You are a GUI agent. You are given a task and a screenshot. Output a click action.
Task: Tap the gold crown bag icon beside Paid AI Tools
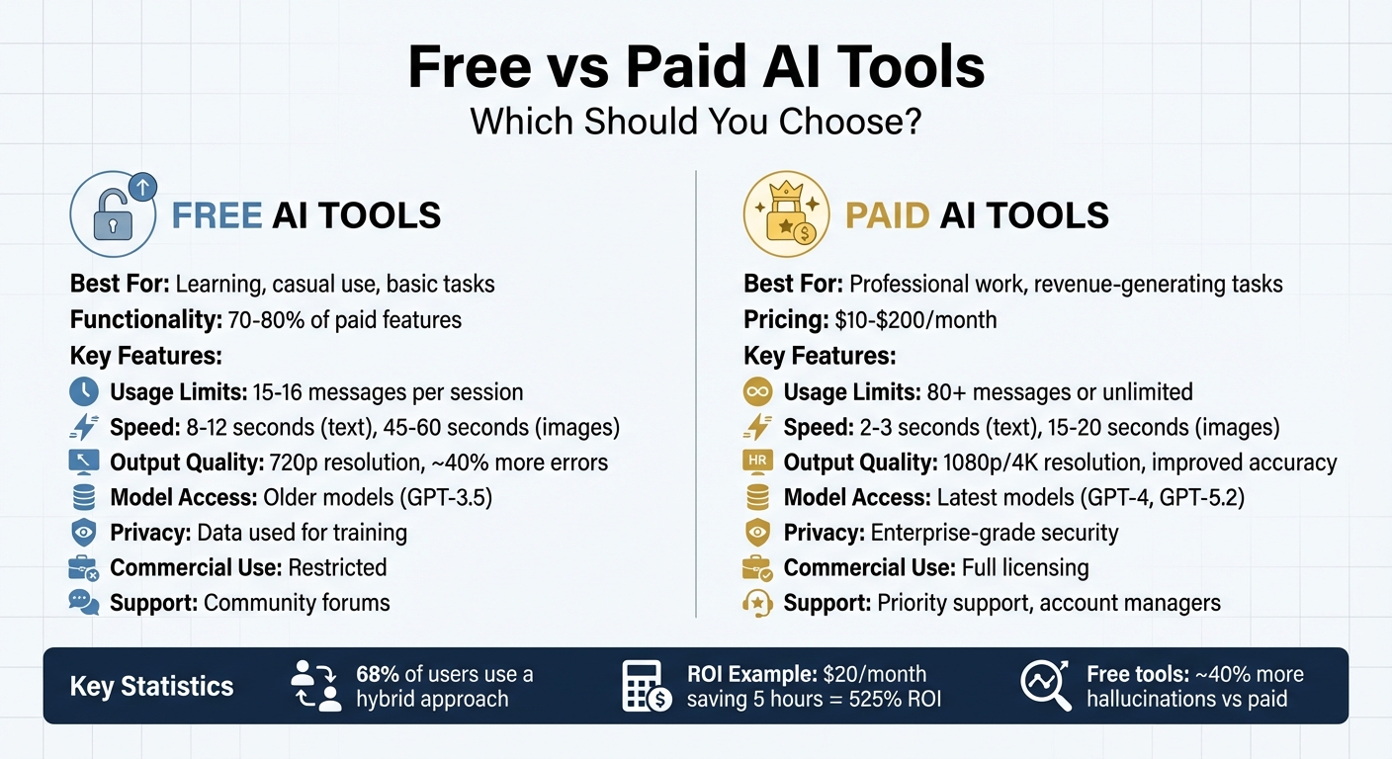coord(785,215)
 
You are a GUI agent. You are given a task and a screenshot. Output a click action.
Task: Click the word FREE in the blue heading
coord(217,216)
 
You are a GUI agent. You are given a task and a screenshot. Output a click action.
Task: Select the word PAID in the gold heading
coord(888,216)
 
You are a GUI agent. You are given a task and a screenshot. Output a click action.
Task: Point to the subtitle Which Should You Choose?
coord(695,121)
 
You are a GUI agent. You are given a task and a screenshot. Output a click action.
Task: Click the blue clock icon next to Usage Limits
coord(84,391)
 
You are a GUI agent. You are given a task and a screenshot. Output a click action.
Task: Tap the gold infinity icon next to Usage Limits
coord(756,391)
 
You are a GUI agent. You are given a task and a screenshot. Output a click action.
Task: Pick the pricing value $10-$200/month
coord(914,320)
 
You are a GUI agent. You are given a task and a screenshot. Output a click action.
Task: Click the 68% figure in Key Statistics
coord(378,674)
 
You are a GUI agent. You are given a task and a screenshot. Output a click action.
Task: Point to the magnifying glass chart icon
coord(1046,686)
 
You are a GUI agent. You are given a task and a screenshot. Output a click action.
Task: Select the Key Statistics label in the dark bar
coord(151,687)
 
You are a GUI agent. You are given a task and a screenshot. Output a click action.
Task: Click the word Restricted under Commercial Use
coord(337,568)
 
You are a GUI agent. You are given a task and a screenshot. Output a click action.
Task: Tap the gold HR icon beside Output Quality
coord(756,462)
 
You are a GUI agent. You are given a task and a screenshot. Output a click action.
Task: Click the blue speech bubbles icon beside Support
coord(84,602)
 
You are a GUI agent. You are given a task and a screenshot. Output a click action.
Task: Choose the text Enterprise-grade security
coord(995,533)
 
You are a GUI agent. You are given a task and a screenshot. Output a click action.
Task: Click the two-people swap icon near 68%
coord(315,686)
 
